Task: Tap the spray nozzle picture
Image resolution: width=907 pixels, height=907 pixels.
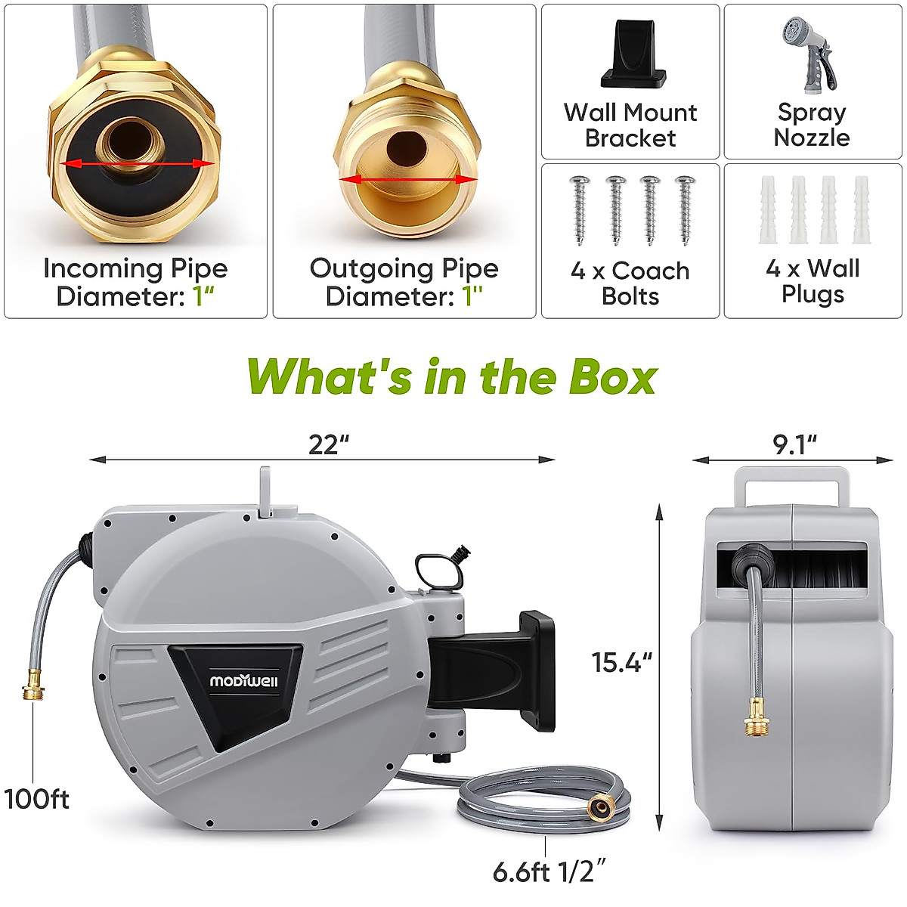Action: pos(811,53)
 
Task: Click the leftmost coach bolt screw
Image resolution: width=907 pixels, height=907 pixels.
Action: pos(580,210)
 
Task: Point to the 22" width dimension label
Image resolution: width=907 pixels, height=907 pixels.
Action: pos(327,444)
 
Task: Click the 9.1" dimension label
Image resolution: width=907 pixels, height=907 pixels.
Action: pos(794,444)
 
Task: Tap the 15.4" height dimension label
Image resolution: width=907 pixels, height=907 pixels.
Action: pos(621,662)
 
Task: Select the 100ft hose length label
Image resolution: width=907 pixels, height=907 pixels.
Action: pos(36,799)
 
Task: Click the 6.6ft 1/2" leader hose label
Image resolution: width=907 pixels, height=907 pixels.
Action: pos(549,871)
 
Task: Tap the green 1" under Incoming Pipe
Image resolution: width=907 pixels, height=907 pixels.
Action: pos(203,296)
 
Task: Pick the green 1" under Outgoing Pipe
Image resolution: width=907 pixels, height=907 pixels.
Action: pos(472,296)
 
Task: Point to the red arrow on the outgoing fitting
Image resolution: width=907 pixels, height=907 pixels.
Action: pos(409,179)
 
